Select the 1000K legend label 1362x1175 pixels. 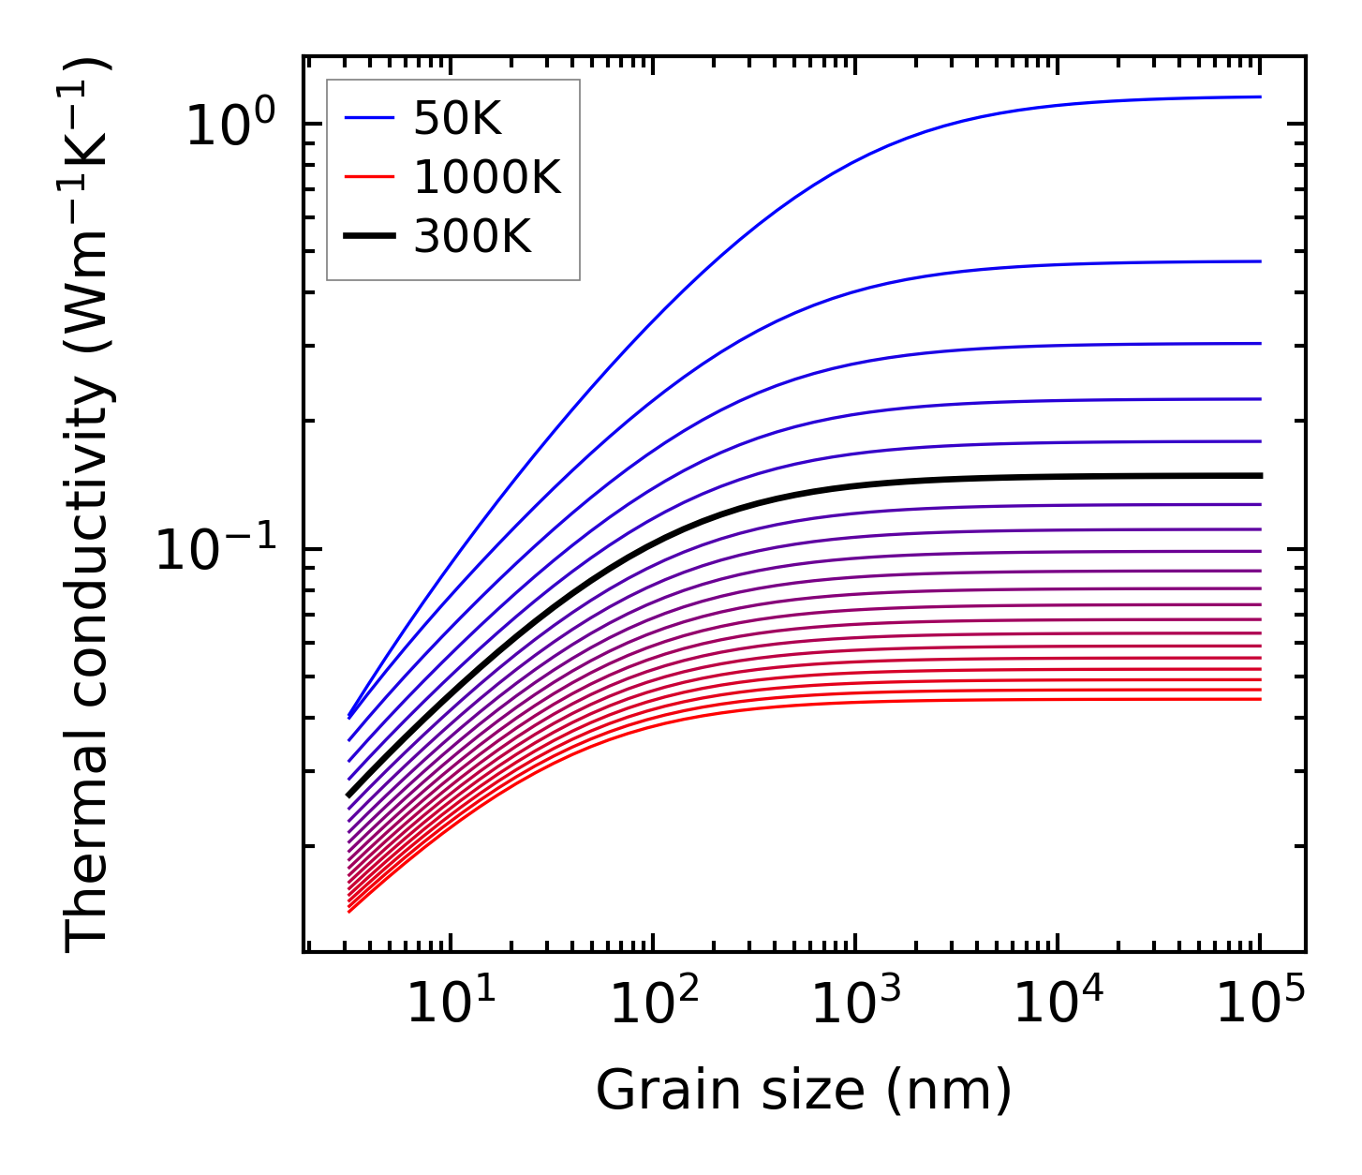tap(487, 177)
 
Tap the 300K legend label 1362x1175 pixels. tap(472, 237)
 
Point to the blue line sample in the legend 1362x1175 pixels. tap(368, 118)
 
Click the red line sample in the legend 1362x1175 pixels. tap(368, 177)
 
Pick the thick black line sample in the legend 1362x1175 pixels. tap(368, 237)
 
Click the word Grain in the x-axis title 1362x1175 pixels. tap(654, 1092)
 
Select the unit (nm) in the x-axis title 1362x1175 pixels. tap(951, 1092)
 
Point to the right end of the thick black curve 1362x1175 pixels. tap(1261, 476)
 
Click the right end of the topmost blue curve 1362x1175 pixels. tap(1261, 97)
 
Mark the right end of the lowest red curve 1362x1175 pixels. tap(1261, 699)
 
